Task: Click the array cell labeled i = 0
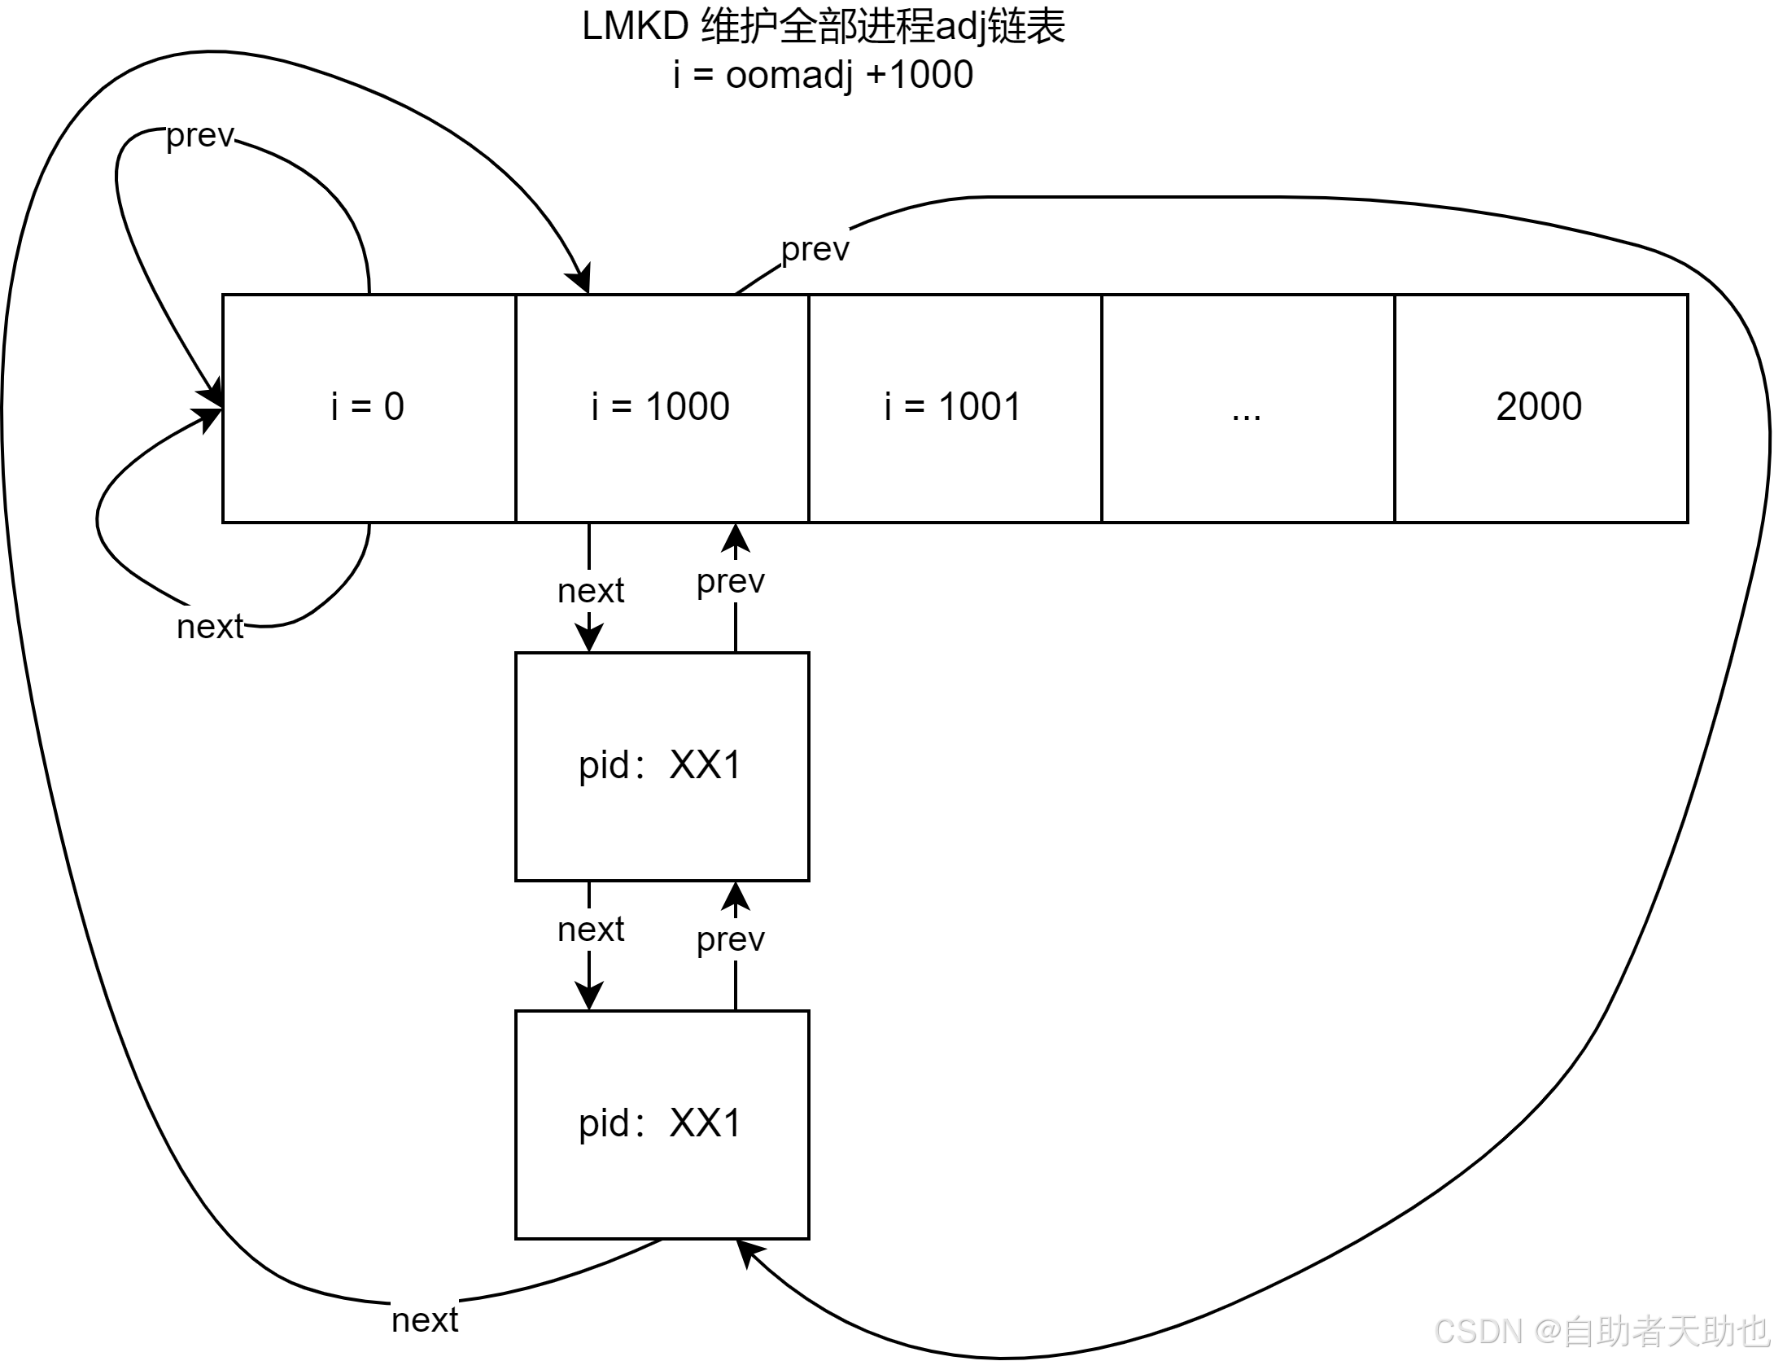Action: click(368, 407)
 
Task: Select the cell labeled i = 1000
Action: click(661, 407)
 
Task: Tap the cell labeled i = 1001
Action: click(954, 407)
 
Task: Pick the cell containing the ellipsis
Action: click(1247, 407)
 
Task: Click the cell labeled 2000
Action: click(1540, 407)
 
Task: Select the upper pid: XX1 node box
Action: click(661, 766)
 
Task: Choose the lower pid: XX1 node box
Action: click(661, 1124)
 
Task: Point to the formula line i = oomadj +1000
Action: click(822, 75)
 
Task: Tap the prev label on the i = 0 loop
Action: click(200, 135)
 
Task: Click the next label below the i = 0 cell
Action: click(210, 627)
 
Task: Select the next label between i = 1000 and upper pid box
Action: click(590, 591)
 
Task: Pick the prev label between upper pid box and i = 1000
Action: click(730, 581)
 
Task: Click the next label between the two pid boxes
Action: click(590, 930)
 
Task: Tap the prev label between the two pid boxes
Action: click(730, 939)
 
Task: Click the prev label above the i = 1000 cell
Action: click(815, 249)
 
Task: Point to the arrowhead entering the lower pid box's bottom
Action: click(747, 1254)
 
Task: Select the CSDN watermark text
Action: click(1600, 1331)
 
